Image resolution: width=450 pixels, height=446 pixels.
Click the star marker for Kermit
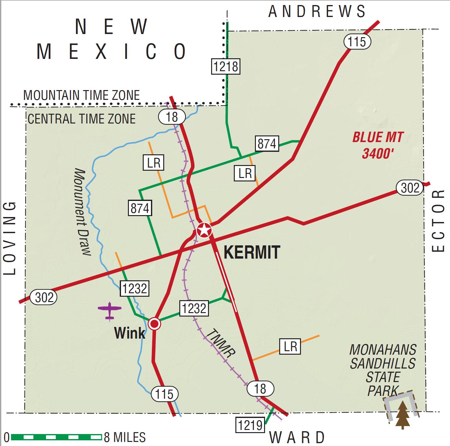[204, 230]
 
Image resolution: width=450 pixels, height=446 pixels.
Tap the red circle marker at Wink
[154, 323]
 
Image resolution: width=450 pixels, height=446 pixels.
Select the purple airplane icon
[109, 310]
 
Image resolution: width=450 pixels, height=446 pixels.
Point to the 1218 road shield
[226, 66]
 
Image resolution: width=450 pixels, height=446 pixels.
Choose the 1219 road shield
[250, 425]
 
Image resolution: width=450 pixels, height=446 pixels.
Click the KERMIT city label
[252, 252]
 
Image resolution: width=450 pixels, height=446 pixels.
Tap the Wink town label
[130, 333]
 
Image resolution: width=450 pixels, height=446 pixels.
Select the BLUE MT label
[378, 137]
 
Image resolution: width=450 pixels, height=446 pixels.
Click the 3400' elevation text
[378, 154]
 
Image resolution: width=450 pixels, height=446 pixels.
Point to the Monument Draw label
[83, 212]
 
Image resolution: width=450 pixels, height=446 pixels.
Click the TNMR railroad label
[221, 343]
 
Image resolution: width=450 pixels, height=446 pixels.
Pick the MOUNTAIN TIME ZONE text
[81, 95]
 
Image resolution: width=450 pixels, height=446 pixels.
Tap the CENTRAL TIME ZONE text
[81, 119]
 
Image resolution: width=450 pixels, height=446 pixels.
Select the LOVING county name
[9, 238]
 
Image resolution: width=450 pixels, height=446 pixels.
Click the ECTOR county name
[438, 220]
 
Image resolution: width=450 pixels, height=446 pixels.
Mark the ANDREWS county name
[317, 12]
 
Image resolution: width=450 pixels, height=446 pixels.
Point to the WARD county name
[297, 437]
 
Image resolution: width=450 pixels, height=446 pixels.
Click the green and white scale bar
[56, 437]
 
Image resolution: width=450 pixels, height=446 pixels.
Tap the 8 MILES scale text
[125, 437]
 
